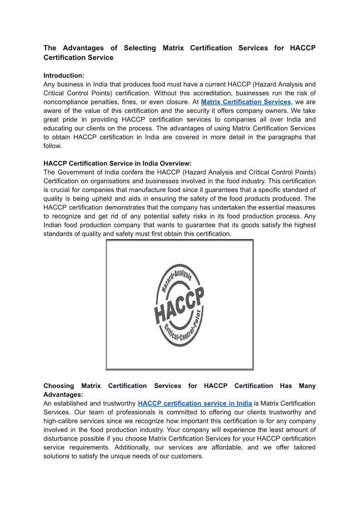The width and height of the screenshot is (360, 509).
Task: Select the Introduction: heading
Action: pyautogui.click(x=64, y=76)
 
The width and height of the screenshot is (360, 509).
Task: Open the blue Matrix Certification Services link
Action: pyautogui.click(x=246, y=102)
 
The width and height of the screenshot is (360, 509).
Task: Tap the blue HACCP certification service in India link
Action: pyautogui.click(x=195, y=403)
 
